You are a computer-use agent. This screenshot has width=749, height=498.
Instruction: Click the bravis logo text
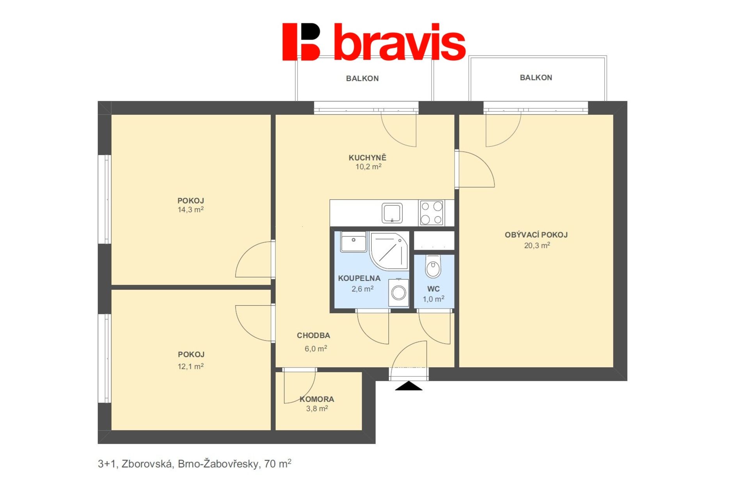(399, 42)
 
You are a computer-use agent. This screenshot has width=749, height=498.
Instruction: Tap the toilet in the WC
(433, 266)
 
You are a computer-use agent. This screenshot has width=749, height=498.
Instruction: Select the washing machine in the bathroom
(399, 292)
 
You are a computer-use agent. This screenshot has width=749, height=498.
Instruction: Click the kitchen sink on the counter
(392, 213)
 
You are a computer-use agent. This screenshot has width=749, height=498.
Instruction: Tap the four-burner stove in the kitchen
(431, 213)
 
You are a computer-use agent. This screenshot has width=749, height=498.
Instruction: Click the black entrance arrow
(408, 386)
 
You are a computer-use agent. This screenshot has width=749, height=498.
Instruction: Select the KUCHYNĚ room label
(367, 158)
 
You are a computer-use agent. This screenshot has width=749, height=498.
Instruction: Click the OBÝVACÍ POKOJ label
(536, 235)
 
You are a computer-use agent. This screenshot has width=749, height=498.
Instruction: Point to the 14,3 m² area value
(191, 210)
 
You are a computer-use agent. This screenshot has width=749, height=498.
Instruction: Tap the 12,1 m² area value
(191, 366)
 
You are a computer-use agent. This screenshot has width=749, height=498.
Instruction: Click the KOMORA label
(317, 399)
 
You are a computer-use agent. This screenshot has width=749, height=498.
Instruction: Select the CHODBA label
(313, 336)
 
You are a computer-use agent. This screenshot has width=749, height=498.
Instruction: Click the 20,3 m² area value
(537, 245)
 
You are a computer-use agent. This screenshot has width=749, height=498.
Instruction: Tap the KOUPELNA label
(359, 278)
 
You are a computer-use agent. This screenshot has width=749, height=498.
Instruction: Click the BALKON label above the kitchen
(362, 79)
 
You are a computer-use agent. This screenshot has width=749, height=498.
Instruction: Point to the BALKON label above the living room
(536, 78)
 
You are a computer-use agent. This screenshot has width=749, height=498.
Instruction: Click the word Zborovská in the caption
(147, 464)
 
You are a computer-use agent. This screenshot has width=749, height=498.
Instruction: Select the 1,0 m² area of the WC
(433, 299)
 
